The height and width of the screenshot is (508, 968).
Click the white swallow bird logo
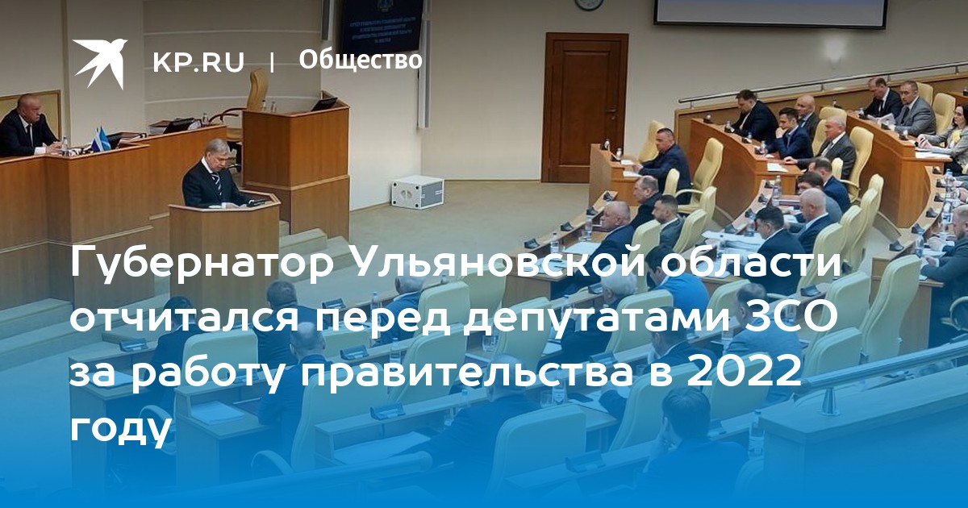99,64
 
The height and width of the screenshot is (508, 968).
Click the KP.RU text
198,62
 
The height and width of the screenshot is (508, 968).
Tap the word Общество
360,60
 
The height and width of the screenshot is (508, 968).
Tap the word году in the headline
119,427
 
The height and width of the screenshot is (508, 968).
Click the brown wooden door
585,107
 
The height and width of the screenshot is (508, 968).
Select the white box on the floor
416,191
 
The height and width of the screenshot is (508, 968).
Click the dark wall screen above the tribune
381,26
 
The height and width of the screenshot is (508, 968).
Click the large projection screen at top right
768,12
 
